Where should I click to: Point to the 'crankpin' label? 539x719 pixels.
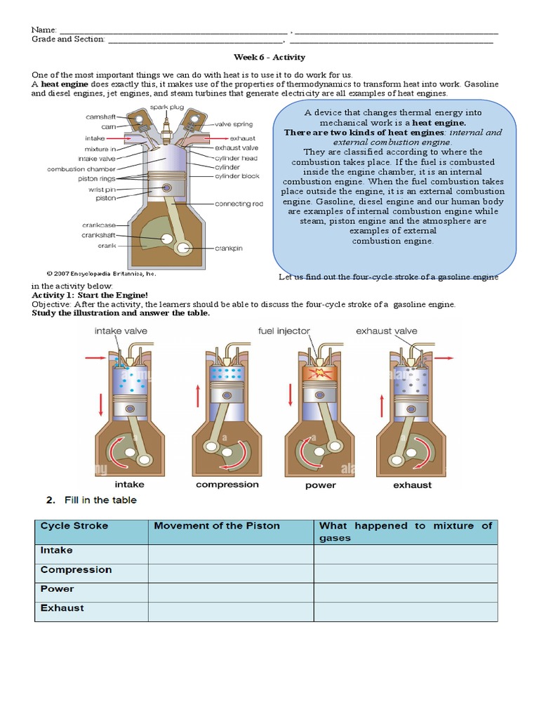[229, 248]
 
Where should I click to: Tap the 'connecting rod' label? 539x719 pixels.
[239, 204]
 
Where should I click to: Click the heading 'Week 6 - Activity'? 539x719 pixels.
[269, 57]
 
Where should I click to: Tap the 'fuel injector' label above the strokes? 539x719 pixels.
[284, 331]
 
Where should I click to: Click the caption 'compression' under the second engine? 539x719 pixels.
[227, 484]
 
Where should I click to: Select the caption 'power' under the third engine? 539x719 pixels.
[321, 485]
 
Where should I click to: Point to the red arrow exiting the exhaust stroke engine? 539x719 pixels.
[443, 357]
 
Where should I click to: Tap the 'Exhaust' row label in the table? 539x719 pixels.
[62, 608]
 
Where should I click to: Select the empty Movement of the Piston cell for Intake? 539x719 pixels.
[230, 555]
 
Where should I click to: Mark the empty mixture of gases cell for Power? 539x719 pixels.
[405, 593]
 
